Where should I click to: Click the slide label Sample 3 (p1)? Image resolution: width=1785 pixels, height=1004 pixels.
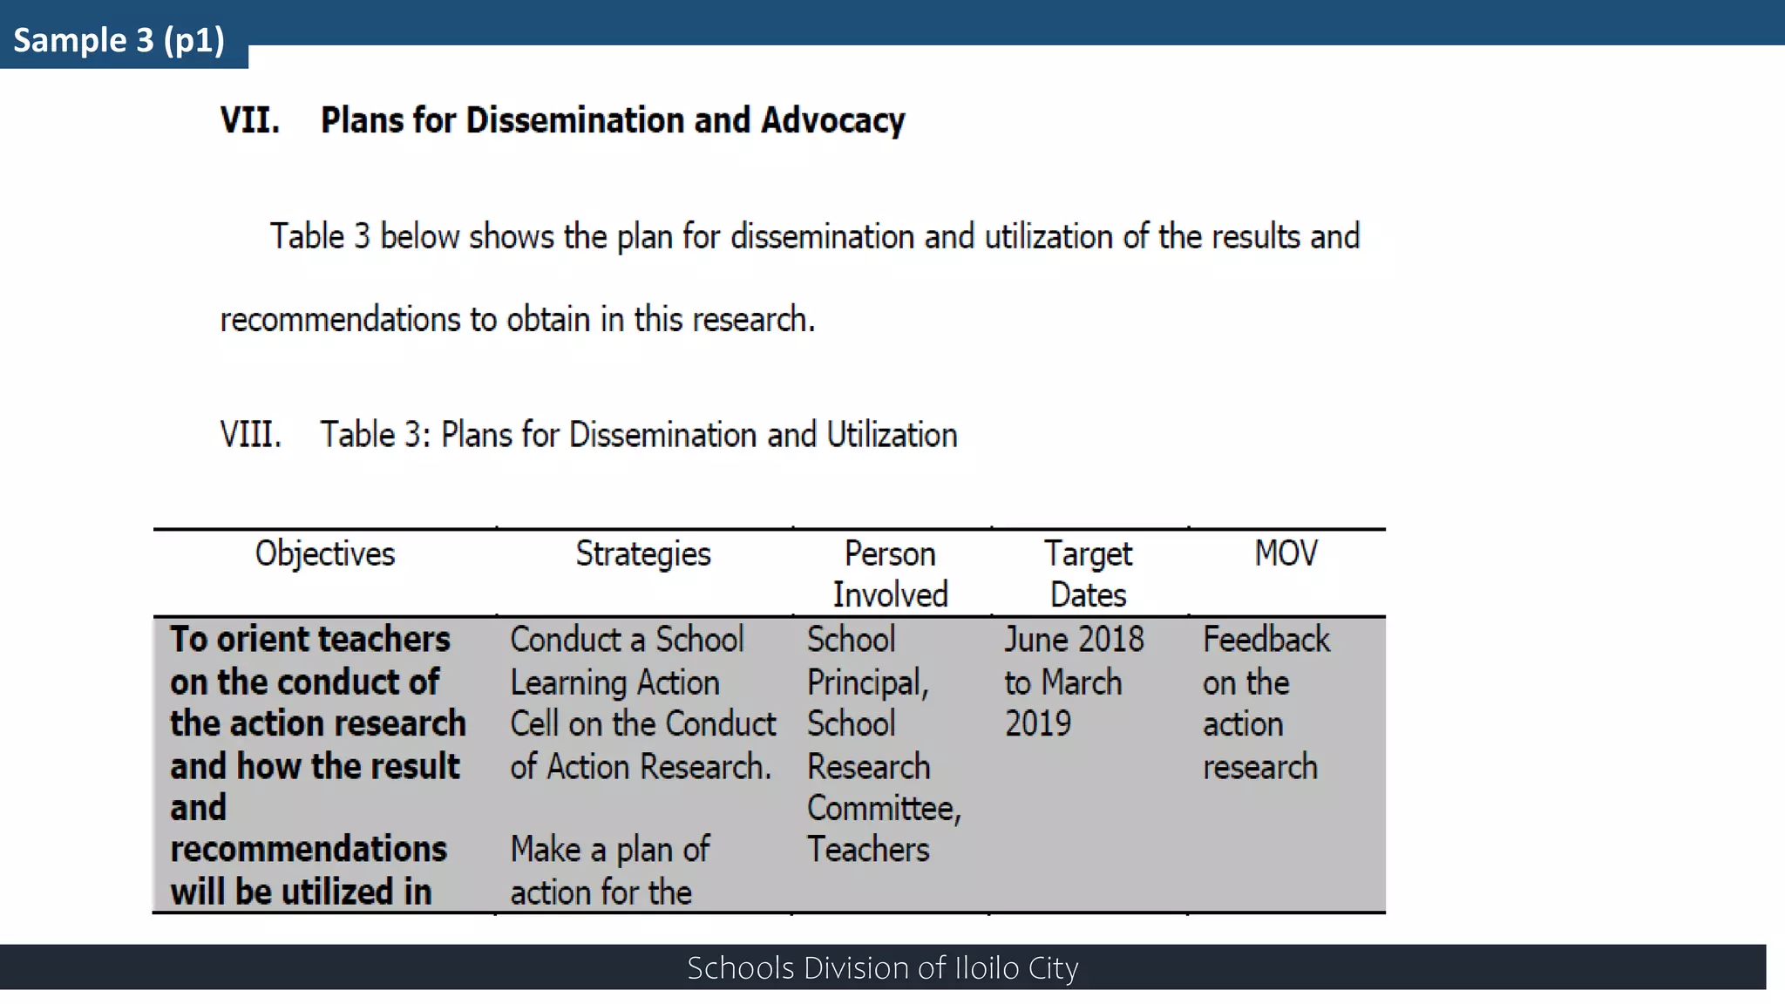(x=119, y=40)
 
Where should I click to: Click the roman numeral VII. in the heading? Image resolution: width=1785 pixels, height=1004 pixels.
(x=250, y=120)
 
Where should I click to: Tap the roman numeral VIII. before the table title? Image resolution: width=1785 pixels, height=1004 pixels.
(x=251, y=434)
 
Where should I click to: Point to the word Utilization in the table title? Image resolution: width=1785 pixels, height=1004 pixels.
(x=892, y=434)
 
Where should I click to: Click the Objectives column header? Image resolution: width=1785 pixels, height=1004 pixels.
(x=324, y=553)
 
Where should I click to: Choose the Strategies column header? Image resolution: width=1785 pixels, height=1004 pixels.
(x=643, y=553)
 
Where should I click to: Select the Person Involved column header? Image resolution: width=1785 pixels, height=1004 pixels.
(x=890, y=573)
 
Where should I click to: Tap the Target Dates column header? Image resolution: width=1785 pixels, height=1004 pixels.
(x=1088, y=573)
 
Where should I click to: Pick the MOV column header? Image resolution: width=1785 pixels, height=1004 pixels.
(x=1286, y=553)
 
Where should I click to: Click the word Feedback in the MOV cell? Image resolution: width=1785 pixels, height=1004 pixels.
(x=1266, y=640)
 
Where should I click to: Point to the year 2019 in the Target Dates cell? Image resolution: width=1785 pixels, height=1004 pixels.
(x=1038, y=723)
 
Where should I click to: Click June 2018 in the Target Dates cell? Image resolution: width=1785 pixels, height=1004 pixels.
(x=1074, y=640)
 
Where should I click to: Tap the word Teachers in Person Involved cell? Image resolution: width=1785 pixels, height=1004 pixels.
(x=868, y=849)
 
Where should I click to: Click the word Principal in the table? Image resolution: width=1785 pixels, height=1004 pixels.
(x=866, y=683)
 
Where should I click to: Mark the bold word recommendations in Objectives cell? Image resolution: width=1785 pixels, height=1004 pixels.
(x=309, y=849)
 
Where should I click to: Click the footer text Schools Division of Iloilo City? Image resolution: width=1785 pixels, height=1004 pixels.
(x=882, y=967)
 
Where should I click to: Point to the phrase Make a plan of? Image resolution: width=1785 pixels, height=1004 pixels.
(x=610, y=849)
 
